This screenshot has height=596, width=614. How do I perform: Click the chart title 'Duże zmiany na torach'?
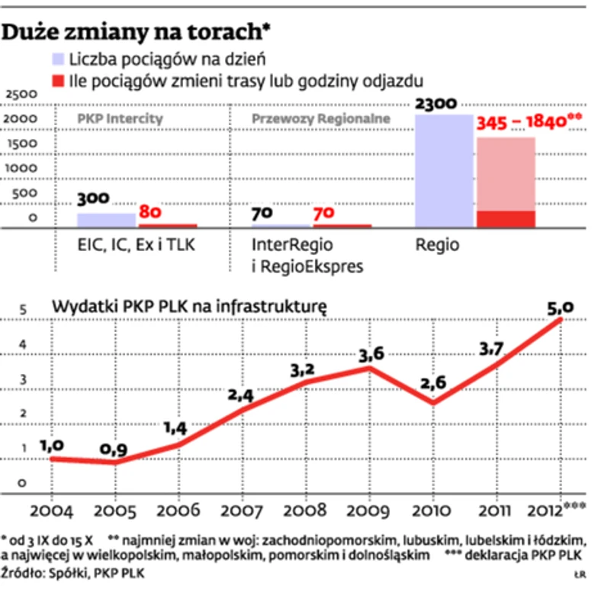(137, 32)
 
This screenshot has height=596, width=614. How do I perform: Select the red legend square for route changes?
(58, 80)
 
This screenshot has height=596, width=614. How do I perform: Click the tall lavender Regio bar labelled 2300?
(443, 171)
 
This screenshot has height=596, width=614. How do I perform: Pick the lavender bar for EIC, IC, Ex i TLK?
(106, 220)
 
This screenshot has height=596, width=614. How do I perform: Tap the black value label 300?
(94, 199)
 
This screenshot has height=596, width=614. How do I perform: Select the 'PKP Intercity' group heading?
(121, 119)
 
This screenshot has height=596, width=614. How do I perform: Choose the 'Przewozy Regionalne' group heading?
(320, 119)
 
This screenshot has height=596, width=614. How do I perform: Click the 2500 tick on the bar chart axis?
(21, 95)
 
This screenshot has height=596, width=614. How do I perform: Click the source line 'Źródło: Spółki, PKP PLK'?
(73, 572)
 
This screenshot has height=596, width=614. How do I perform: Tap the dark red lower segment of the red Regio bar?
(505, 219)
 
